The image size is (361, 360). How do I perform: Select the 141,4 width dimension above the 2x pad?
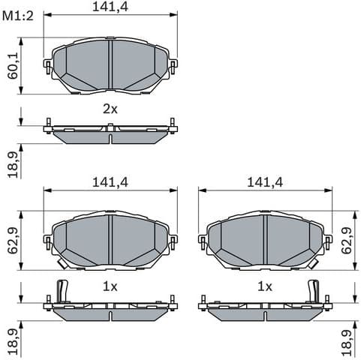coord(110,7)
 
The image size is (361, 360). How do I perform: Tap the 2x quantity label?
coord(110,109)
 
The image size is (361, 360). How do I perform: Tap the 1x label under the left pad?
coord(110,286)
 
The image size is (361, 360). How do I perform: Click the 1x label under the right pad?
coord(264,286)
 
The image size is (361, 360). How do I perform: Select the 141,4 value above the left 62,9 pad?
coord(110,182)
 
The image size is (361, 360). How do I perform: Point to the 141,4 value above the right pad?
coord(264,182)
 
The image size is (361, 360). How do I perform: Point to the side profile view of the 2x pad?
coord(110,133)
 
